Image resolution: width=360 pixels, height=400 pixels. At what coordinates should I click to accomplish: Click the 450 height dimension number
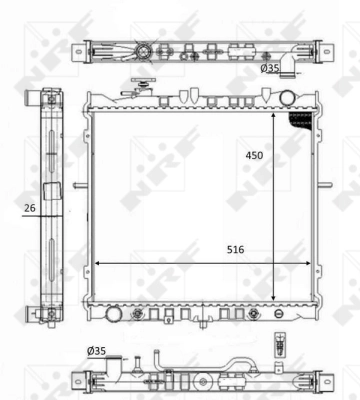tap(257, 156)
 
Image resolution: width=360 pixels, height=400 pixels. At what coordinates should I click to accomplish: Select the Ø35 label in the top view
tap(269, 68)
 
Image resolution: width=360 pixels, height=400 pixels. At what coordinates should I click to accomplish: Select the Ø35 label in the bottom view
tap(97, 351)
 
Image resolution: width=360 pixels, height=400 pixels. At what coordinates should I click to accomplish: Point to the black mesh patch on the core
tap(299, 120)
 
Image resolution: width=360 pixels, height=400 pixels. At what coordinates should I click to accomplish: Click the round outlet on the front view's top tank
tap(288, 97)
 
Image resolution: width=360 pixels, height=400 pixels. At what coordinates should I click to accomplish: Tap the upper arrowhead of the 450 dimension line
tap(273, 112)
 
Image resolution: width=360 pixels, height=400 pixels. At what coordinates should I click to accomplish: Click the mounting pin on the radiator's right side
tap(326, 185)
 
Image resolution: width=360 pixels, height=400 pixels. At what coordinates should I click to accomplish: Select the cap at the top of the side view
tap(48, 98)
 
